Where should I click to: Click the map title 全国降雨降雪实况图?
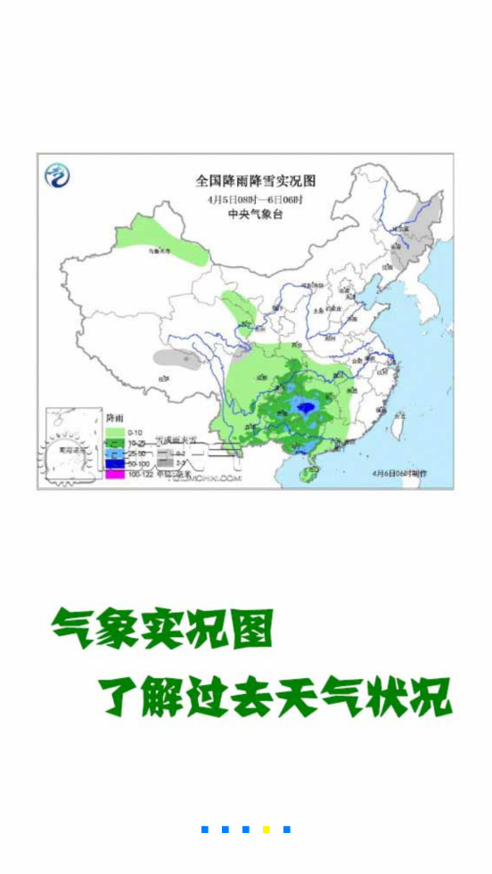click(x=255, y=181)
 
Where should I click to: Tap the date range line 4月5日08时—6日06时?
click(x=255, y=199)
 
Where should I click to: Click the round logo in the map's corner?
click(x=58, y=176)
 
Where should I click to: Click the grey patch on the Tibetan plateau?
click(x=176, y=359)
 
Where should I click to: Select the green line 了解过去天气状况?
click(x=275, y=697)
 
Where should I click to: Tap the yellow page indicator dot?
click(x=266, y=829)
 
